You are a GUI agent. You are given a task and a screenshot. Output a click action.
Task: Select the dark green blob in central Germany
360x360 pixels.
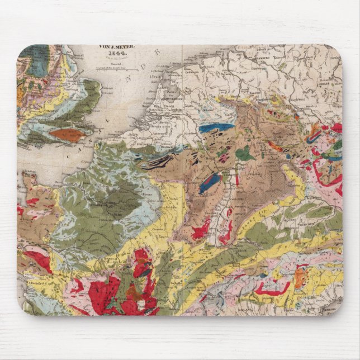coord(245,154)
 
